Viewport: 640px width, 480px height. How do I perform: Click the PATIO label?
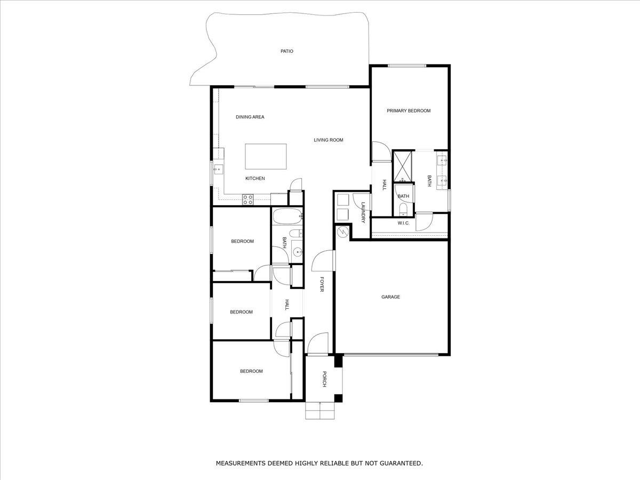tap(287, 51)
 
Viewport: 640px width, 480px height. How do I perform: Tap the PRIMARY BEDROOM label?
tap(409, 111)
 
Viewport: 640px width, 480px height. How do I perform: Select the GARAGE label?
tap(390, 297)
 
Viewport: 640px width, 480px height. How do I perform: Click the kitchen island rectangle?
tap(266, 156)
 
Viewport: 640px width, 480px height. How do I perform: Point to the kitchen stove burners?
tap(248, 199)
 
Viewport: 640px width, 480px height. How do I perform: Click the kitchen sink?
tap(218, 170)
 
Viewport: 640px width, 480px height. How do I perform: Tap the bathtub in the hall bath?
tap(287, 217)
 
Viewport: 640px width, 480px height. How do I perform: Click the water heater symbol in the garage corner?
tap(342, 232)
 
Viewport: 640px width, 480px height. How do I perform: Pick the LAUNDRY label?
tap(363, 212)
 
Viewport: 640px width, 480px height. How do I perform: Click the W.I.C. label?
tap(404, 223)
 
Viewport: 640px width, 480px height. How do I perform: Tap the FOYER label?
tap(322, 284)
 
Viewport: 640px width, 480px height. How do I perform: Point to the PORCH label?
tap(324, 380)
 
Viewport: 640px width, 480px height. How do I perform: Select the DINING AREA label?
tap(250, 117)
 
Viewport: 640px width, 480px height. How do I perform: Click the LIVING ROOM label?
tap(329, 140)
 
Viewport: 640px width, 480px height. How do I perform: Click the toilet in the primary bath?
tap(404, 208)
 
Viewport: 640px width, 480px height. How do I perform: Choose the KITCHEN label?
tap(255, 179)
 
